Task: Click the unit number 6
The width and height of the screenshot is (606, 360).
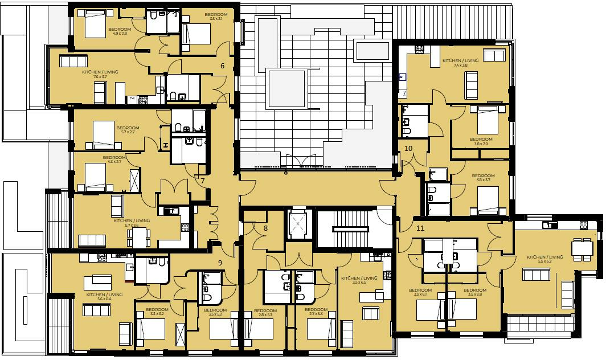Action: click(223, 66)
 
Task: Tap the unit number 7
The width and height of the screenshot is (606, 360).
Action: click(202, 181)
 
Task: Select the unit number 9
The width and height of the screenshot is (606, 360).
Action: click(220, 263)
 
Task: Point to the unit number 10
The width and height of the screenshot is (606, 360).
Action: click(408, 148)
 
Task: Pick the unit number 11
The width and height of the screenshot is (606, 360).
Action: click(420, 228)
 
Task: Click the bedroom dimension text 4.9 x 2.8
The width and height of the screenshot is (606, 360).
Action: click(120, 34)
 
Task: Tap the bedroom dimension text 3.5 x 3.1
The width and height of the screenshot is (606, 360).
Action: click(216, 19)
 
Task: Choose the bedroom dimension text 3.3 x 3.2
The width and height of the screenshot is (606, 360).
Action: click(157, 314)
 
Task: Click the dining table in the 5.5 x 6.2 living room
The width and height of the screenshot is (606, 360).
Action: click(582, 248)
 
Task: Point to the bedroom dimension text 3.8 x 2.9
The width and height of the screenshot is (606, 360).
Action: click(481, 144)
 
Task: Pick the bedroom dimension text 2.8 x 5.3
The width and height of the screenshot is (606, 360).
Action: click(265, 314)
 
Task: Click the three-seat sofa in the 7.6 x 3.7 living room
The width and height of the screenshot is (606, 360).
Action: click(73, 61)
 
